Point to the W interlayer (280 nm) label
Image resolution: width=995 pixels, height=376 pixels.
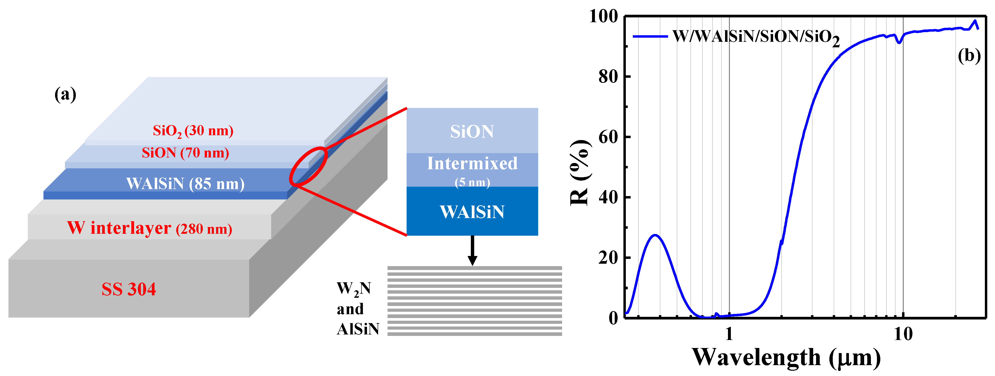149,228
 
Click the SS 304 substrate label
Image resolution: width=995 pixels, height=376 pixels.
129,289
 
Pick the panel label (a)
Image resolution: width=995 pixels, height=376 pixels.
65,94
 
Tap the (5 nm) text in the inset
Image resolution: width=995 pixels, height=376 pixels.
472,182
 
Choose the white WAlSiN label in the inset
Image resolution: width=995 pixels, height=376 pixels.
472,212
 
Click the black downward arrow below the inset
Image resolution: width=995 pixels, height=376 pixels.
472,251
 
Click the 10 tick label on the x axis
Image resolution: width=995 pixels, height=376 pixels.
903,334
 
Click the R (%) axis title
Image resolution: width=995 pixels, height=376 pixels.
579,172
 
